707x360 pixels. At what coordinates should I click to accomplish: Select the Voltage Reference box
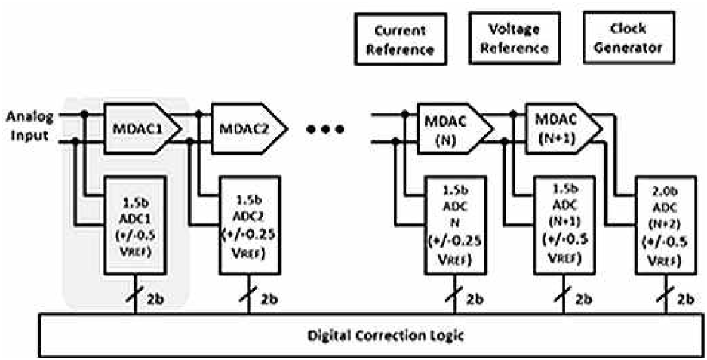[x=514, y=38]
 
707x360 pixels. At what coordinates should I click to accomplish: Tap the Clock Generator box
[x=629, y=38]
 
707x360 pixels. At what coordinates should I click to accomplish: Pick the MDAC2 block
[x=249, y=128]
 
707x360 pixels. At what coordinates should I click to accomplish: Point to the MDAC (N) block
[x=454, y=128]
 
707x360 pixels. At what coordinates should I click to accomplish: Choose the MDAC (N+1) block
[x=564, y=128]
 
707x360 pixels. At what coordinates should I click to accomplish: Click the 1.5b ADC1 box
[x=135, y=225]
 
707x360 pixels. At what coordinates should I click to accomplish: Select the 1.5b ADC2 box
[x=249, y=225]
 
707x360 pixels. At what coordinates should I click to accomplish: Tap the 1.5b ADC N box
[x=455, y=225]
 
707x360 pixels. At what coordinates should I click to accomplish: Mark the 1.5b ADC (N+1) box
[x=564, y=225]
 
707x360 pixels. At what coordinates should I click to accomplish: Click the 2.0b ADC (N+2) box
[x=666, y=225]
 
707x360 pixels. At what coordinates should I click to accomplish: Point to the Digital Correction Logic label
[x=386, y=336]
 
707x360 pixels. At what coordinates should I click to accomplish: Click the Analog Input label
[x=29, y=126]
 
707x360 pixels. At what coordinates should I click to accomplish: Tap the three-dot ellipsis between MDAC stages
[x=325, y=130]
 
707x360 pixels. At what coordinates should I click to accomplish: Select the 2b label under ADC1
[x=155, y=299]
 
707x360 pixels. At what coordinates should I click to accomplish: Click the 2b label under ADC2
[x=269, y=299]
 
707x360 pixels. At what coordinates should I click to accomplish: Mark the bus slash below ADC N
[x=454, y=294]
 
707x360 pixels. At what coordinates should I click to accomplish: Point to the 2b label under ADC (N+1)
[x=583, y=299]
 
